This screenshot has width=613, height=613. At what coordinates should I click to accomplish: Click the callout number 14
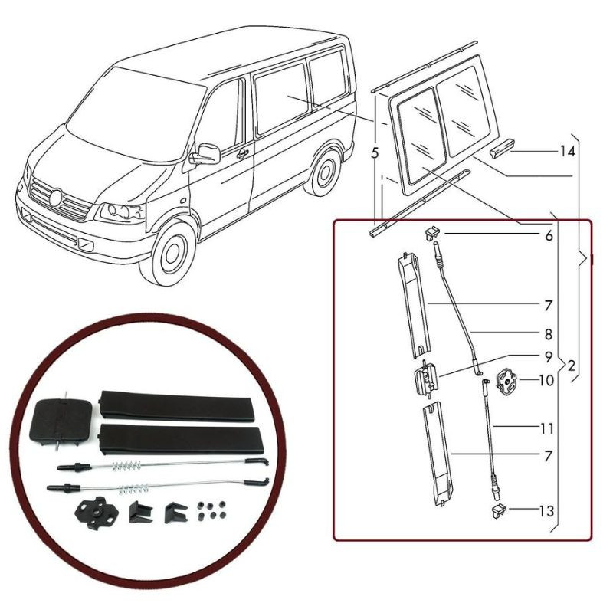[x=567, y=151]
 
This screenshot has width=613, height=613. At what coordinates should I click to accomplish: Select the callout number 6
[x=549, y=236]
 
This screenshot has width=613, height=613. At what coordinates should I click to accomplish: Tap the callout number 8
[x=548, y=334]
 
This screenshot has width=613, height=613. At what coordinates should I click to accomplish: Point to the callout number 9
[x=549, y=357]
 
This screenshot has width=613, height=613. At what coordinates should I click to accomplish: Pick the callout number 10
[x=546, y=380]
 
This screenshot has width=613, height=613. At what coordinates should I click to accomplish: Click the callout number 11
[x=547, y=429]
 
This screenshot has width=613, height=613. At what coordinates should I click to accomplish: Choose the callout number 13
[x=546, y=511]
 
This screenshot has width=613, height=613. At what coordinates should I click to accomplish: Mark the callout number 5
[x=375, y=153]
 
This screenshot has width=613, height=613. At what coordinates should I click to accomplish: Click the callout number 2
[x=571, y=366]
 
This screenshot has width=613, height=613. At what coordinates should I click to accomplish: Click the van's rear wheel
[x=323, y=173]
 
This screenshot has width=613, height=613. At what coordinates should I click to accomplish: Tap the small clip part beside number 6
[x=431, y=234]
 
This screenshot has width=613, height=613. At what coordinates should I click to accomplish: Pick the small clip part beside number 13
[x=498, y=511]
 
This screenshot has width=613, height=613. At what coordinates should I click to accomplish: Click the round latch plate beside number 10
[x=506, y=380]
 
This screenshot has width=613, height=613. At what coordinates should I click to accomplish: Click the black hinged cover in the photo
[x=61, y=420]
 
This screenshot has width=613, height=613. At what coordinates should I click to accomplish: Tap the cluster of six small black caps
[x=213, y=510]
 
